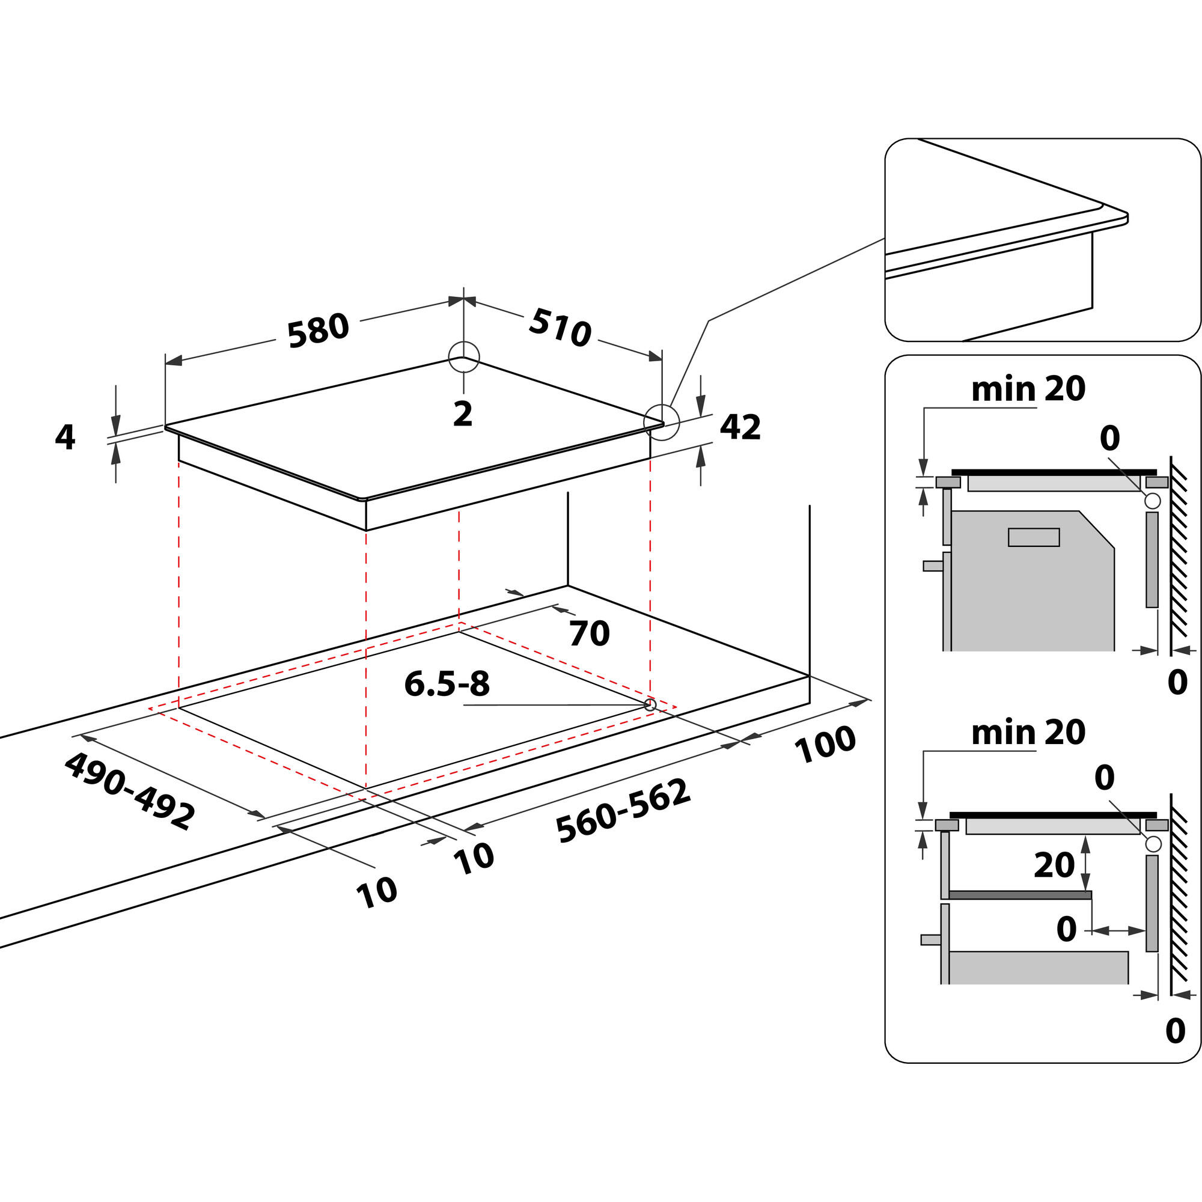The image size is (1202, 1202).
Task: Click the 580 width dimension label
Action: coord(317,331)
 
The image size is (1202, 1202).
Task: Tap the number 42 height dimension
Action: coord(740,427)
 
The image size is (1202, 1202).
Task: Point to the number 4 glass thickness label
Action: coord(65,438)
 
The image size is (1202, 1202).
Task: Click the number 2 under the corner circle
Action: coord(463,413)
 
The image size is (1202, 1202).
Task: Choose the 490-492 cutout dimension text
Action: coord(129,790)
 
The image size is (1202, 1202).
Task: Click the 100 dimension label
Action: coord(825,745)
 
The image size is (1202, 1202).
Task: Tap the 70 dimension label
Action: coord(589,634)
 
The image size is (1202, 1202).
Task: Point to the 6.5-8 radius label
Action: coord(447,684)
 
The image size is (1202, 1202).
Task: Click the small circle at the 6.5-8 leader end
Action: coord(650,705)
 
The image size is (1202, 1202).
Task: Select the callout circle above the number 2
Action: coord(464,357)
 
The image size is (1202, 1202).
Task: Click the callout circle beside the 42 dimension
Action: coord(661,423)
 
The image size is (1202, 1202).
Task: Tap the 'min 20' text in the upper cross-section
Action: coord(1028,389)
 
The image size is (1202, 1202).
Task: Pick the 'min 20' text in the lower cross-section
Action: coord(1028,733)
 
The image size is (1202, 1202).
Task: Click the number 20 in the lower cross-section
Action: coord(1054,865)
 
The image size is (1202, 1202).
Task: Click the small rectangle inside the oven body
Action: coord(1034,537)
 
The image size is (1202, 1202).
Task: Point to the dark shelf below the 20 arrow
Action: coord(1020,895)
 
